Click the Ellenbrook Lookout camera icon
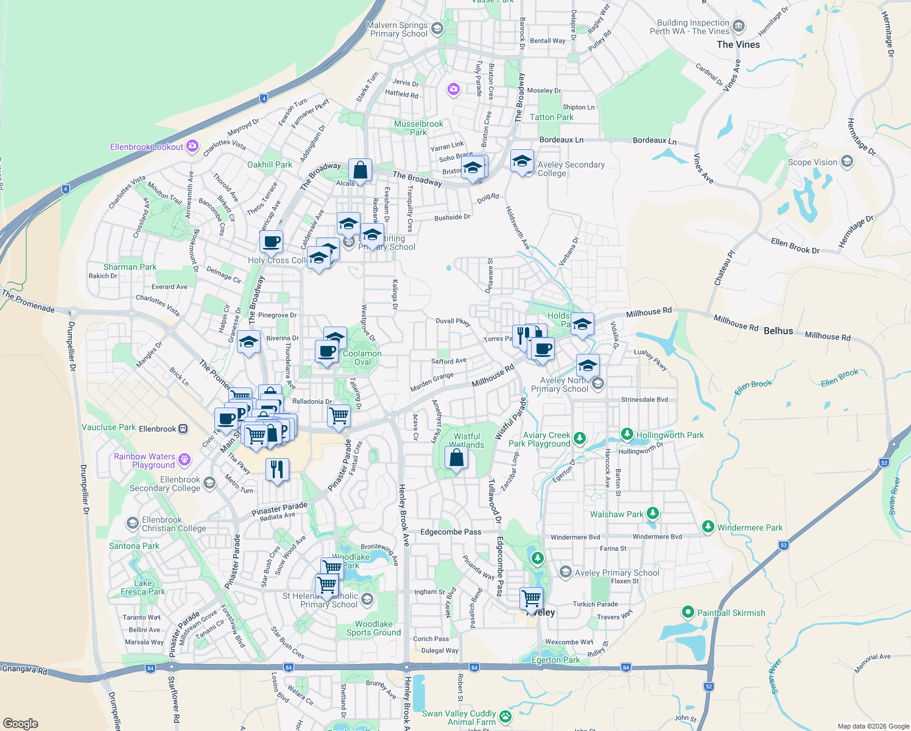click(x=192, y=146)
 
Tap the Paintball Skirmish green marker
click(x=688, y=612)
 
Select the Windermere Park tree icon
click(x=708, y=527)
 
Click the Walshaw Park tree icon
click(x=653, y=514)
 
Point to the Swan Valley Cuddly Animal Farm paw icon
click(x=505, y=717)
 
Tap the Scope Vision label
click(x=812, y=162)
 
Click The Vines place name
click(x=738, y=44)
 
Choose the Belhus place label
click(x=778, y=331)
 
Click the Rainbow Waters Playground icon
click(x=185, y=459)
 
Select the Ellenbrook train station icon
click(x=183, y=429)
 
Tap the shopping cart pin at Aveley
click(x=532, y=598)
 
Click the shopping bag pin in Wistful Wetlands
click(x=456, y=457)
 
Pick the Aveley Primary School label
click(x=617, y=573)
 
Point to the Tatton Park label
click(x=552, y=117)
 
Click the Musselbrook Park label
click(x=418, y=128)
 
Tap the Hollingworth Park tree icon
click(x=627, y=434)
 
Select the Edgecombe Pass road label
click(x=451, y=532)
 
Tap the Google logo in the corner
click(x=20, y=723)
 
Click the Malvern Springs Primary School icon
click(x=437, y=29)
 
